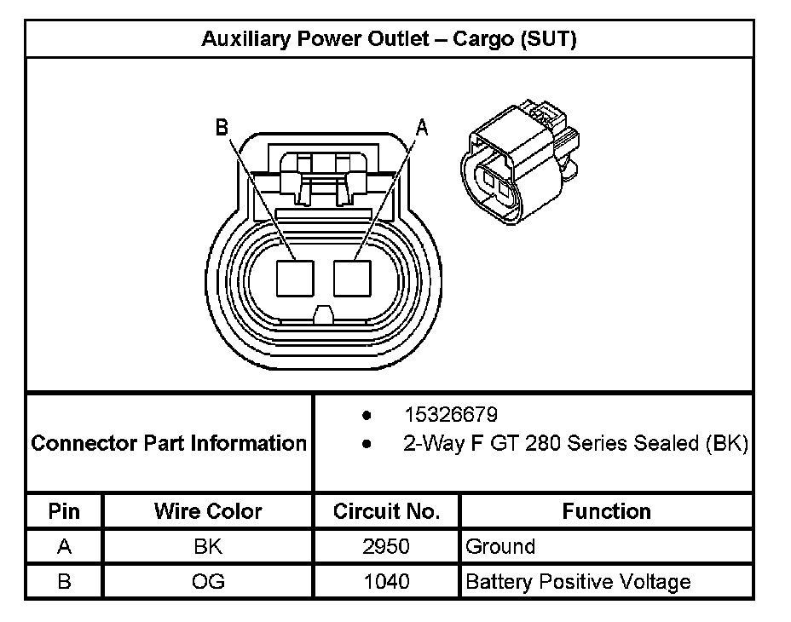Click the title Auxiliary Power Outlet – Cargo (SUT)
coord(389,39)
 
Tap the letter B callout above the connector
coord(222,128)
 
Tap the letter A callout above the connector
coord(420,128)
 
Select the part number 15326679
coord(451,415)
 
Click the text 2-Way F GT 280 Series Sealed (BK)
coord(575,444)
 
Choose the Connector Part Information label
coord(169,443)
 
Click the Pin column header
coord(64,511)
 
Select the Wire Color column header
coord(208,511)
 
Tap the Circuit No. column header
coord(386,511)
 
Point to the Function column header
coord(606,511)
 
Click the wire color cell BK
coord(208,547)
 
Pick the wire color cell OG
coord(208,582)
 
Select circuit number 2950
coord(386,547)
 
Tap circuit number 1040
coord(386,582)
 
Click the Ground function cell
coord(500,547)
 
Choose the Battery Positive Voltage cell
coord(578,582)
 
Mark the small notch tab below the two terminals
coord(324,315)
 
